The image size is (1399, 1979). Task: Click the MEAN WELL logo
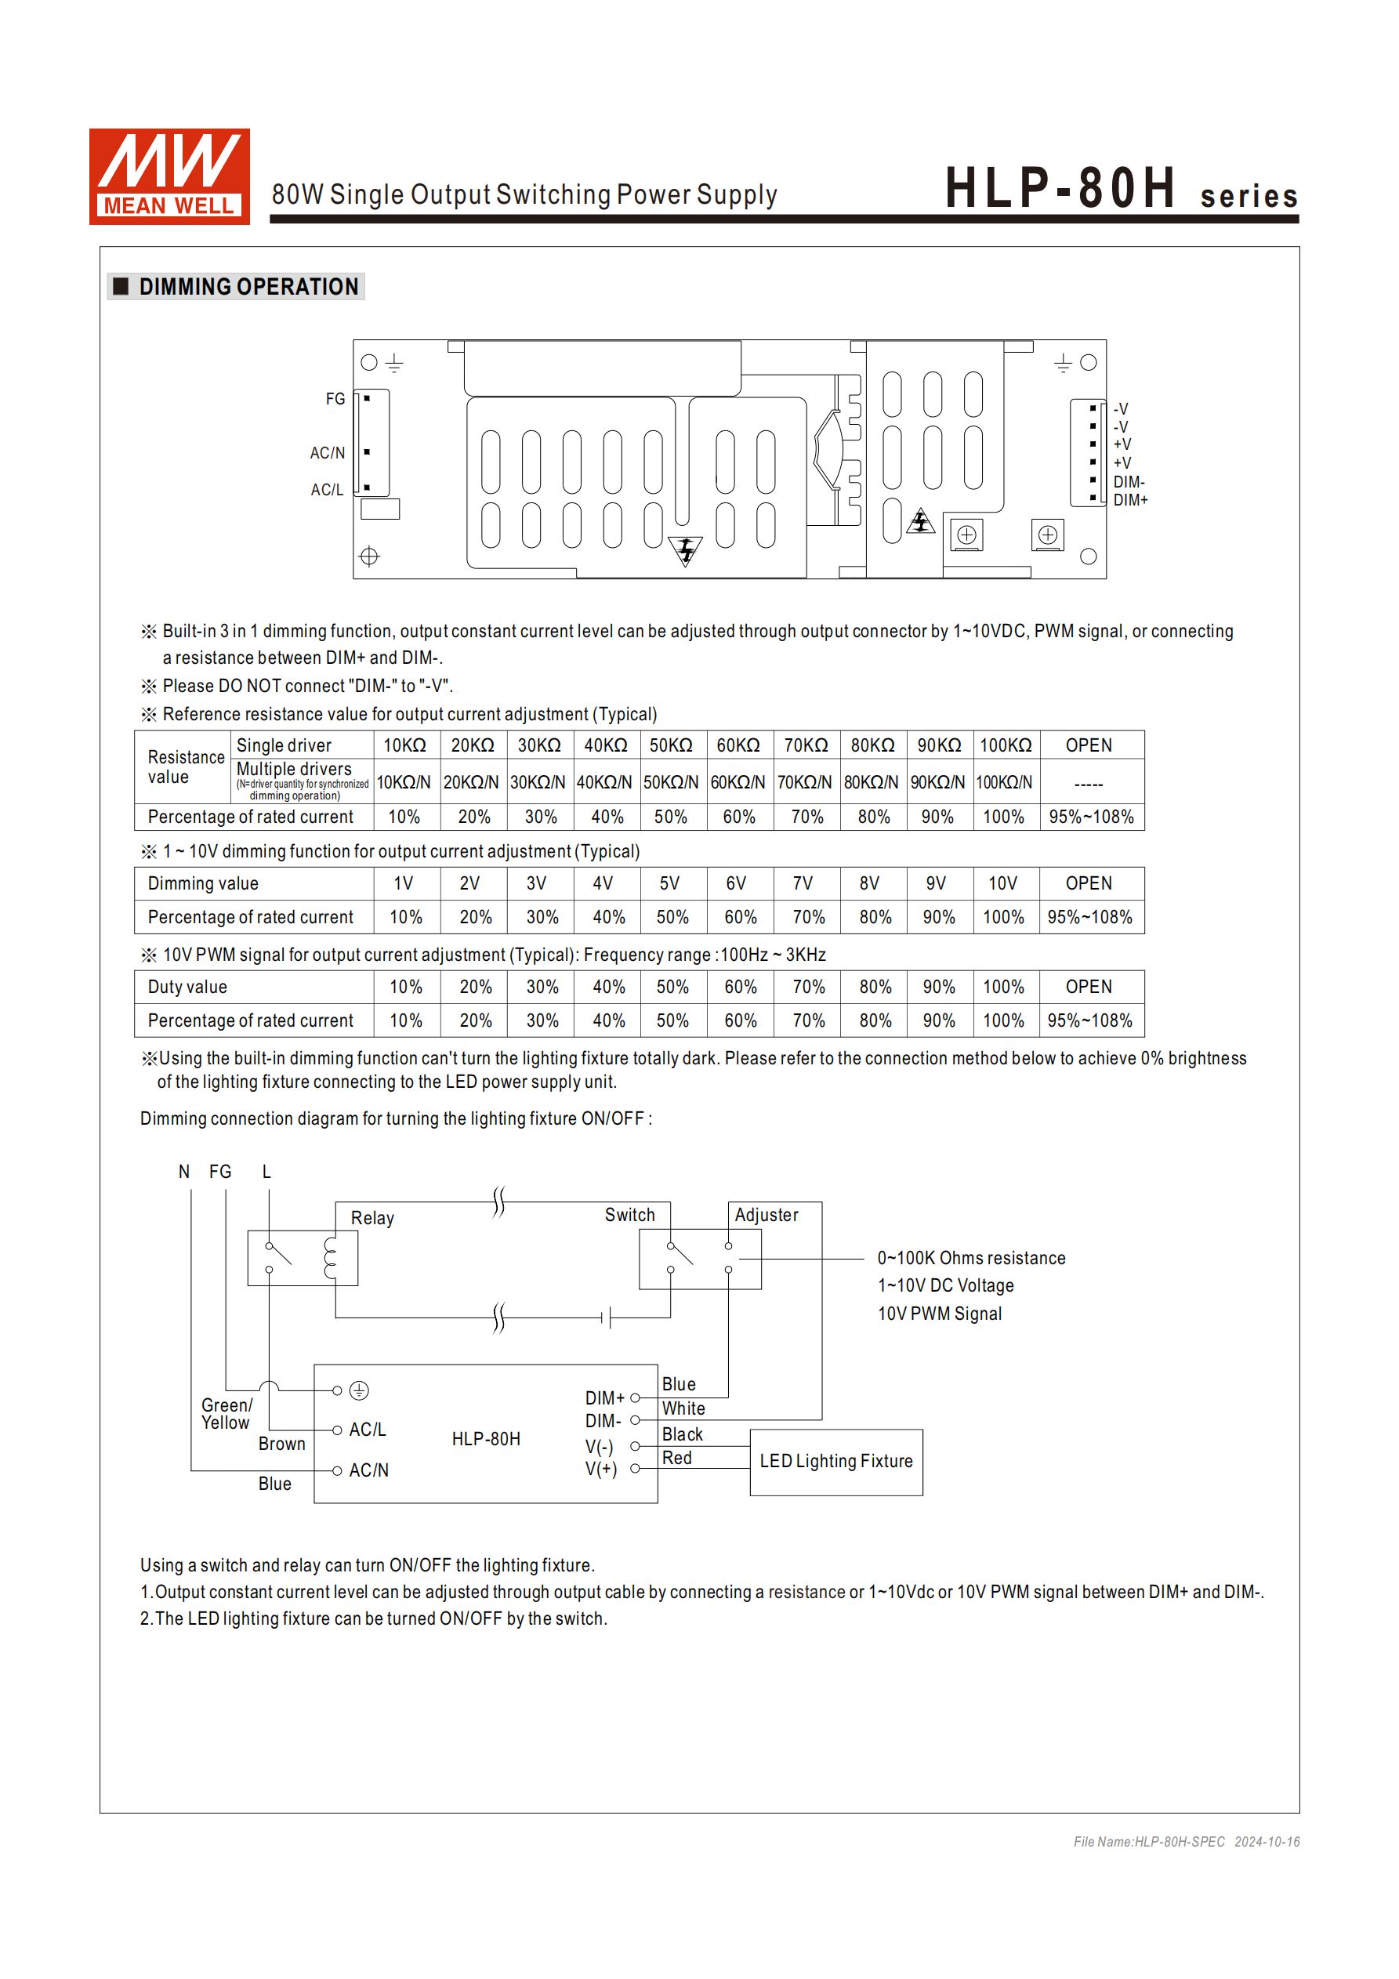(x=169, y=176)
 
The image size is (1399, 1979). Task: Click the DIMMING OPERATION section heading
(x=248, y=287)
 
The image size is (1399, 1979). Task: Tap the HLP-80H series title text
(x=1120, y=189)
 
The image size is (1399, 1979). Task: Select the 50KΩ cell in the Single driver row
(x=671, y=745)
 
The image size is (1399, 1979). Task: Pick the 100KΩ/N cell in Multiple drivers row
(x=1004, y=783)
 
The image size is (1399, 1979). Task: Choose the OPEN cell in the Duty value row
(x=1089, y=987)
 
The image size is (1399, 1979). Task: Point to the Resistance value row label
(x=185, y=767)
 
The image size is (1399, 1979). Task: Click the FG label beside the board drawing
(x=335, y=399)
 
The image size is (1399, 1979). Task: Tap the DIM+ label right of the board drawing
(x=1130, y=500)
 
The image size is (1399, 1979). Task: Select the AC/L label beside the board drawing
(x=327, y=490)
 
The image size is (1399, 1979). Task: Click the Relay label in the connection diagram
(x=372, y=1218)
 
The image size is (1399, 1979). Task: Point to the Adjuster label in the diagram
(x=767, y=1216)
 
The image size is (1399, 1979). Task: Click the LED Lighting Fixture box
(x=835, y=1462)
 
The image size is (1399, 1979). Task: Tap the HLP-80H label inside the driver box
(x=486, y=1440)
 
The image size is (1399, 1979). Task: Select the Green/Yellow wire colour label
(x=226, y=1414)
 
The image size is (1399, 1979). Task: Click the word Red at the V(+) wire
(x=677, y=1458)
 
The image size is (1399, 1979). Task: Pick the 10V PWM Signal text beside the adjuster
(x=940, y=1314)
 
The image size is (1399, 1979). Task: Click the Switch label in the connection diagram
(x=629, y=1216)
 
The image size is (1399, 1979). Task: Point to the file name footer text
(x=1185, y=1842)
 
